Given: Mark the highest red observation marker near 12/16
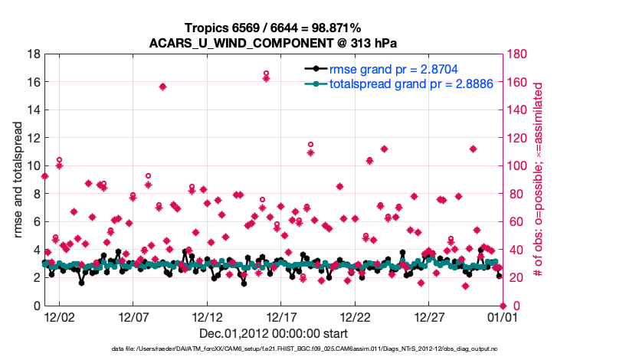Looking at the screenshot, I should [x=266, y=74].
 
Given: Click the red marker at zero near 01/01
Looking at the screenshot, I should [x=503, y=306].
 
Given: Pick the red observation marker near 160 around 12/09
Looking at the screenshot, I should [x=162, y=87].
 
